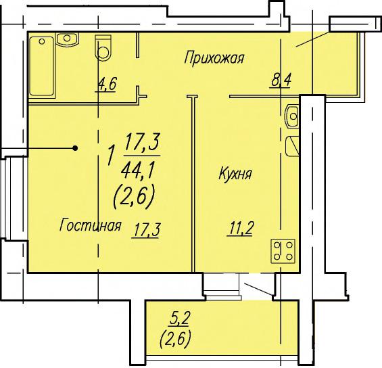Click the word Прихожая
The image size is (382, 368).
(x=214, y=58)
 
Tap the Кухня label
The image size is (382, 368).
(x=235, y=174)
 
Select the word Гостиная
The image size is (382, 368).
(x=90, y=225)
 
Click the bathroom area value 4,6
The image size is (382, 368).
(x=107, y=84)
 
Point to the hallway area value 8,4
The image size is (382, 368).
(x=281, y=80)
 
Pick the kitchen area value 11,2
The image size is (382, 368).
(x=241, y=229)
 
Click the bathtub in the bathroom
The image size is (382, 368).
(x=42, y=66)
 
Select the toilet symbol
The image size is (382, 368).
(x=103, y=47)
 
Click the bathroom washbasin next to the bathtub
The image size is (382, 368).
(x=67, y=39)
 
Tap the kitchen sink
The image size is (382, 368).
(x=292, y=116)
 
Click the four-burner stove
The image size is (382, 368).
(x=283, y=251)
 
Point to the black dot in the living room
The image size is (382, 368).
(x=75, y=148)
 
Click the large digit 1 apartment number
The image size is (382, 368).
(x=112, y=155)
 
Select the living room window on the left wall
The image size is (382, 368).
(x=5, y=198)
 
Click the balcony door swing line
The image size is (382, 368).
(x=259, y=290)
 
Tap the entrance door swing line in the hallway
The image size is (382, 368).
(x=313, y=39)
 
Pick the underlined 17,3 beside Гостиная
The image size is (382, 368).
(x=146, y=230)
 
